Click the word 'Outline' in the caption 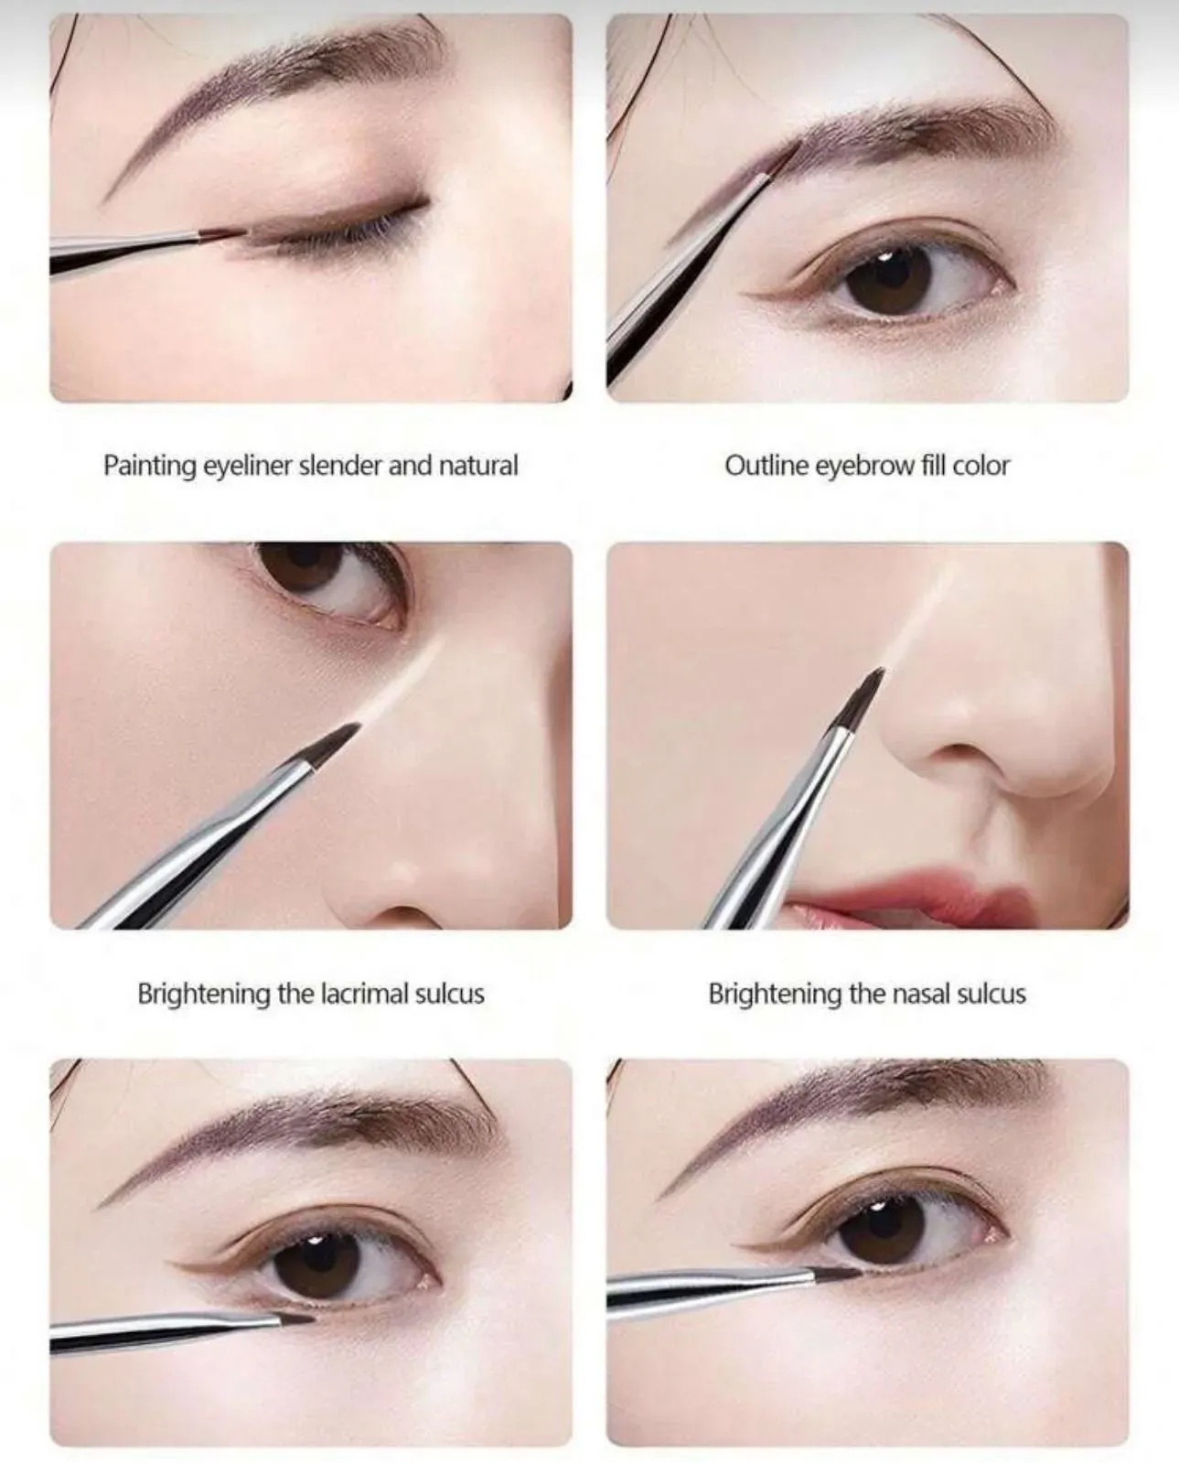766,466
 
